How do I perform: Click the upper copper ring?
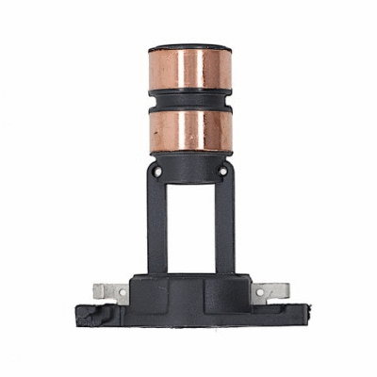coord(188,70)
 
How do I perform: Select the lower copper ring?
coord(188,129)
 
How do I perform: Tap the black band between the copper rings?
coord(188,100)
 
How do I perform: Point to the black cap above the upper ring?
coord(188,45)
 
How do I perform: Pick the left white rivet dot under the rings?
coord(157,172)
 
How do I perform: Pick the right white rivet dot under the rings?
coord(222,172)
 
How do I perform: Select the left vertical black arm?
coord(156,226)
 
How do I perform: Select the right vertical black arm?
coord(224,226)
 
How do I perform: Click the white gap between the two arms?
coord(189,226)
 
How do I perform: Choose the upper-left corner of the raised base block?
coord(134,276)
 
